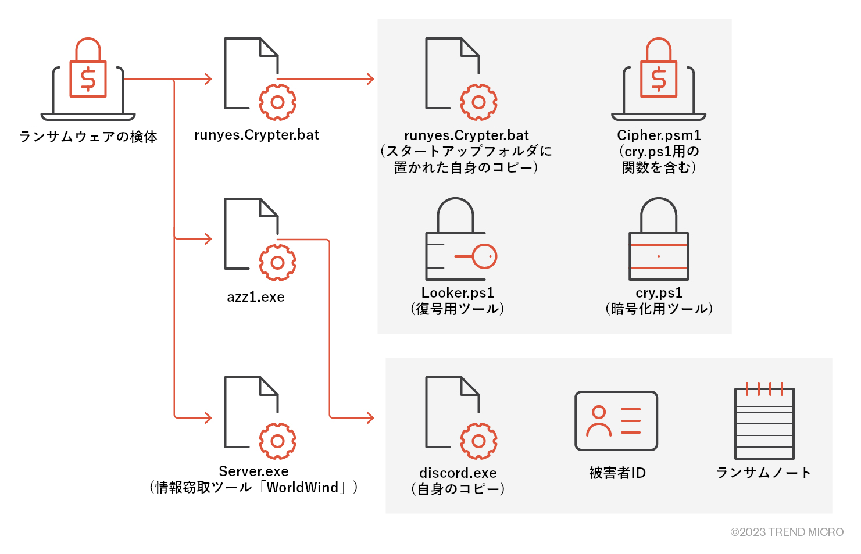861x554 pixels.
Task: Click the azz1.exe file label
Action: (256, 297)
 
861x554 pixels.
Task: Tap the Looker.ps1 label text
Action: (458, 292)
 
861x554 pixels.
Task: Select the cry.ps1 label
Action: (659, 292)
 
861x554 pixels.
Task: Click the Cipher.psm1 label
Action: (659, 135)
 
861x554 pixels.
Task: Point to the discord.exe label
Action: (458, 473)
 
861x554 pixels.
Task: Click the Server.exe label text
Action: (253, 471)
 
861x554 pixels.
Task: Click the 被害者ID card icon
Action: (616, 421)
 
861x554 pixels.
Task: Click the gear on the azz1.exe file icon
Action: (277, 263)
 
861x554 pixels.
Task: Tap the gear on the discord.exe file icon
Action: (478, 441)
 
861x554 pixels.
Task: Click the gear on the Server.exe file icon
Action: (277, 441)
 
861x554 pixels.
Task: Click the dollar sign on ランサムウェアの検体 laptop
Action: (88, 79)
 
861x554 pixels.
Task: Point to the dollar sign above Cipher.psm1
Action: (659, 79)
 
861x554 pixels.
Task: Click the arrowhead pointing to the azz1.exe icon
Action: (208, 239)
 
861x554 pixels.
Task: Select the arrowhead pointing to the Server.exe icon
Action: (208, 417)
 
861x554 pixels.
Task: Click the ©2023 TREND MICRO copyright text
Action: (787, 532)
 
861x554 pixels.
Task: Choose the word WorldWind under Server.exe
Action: (302, 487)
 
